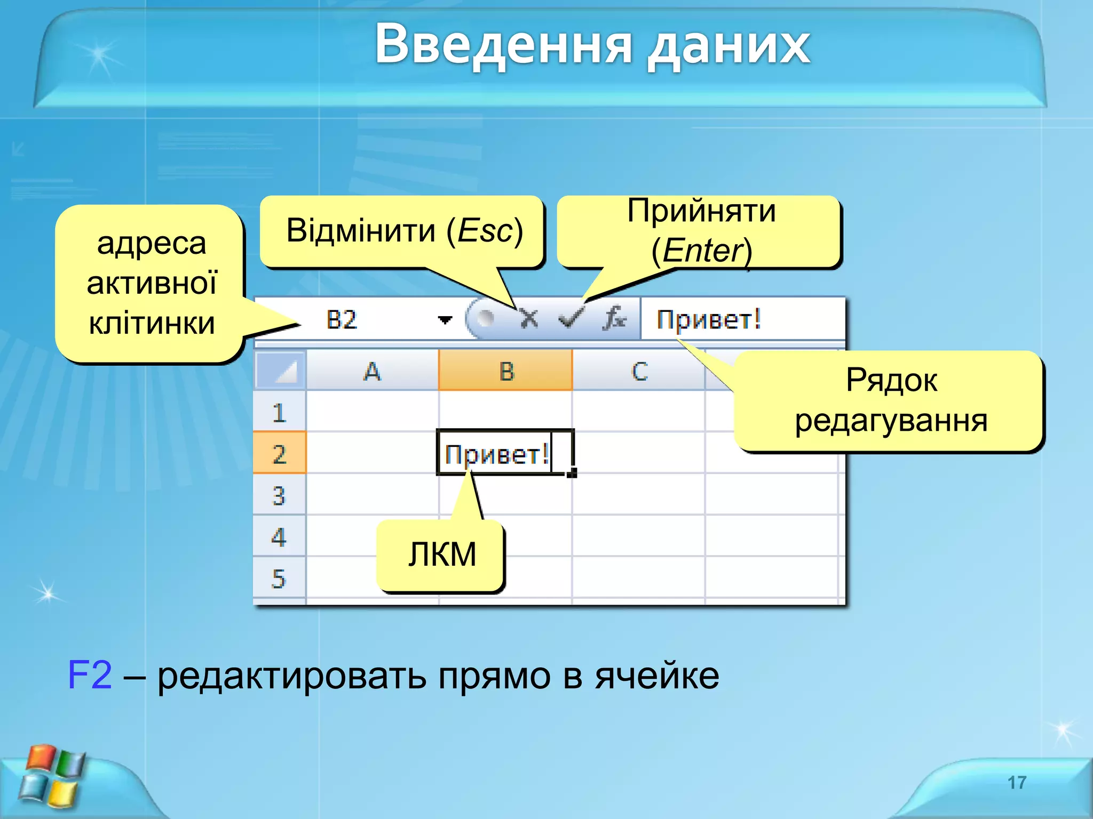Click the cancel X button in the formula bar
tap(529, 319)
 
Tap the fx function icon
tap(614, 319)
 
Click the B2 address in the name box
tap(342, 320)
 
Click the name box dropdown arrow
tap(445, 320)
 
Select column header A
tap(372, 371)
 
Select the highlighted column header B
tap(505, 371)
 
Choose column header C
tap(639, 371)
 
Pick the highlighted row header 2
tap(279, 454)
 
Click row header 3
tap(279, 495)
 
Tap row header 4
tap(279, 537)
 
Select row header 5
tap(279, 579)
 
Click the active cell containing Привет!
tap(504, 454)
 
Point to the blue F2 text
tap(90, 675)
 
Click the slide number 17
tap(1017, 782)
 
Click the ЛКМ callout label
tap(442, 555)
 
